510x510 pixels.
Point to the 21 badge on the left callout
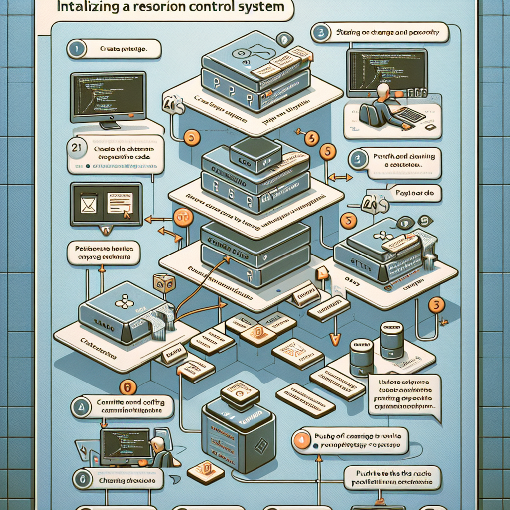[75, 148]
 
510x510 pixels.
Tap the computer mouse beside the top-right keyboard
[430, 127]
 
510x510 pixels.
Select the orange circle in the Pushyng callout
[302, 439]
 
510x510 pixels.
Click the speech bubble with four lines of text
[405, 394]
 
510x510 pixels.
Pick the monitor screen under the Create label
[108, 93]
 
